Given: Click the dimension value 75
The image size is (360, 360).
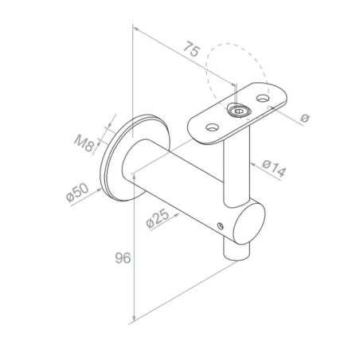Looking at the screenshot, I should (189, 49).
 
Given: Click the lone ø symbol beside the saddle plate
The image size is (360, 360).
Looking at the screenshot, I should (305, 118).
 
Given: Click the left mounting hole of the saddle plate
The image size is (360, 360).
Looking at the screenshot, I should (212, 125).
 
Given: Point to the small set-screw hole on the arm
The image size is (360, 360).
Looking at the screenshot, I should (220, 226).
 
